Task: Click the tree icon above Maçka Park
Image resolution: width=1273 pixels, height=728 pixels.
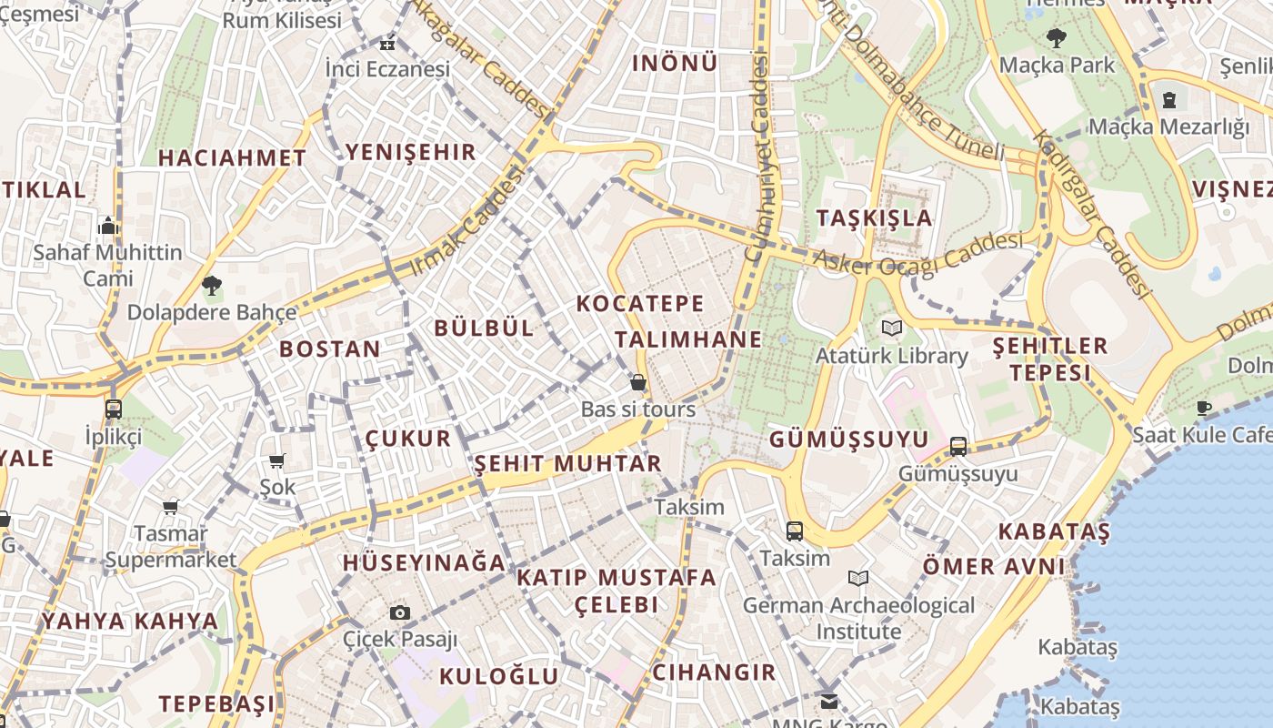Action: tap(1056, 38)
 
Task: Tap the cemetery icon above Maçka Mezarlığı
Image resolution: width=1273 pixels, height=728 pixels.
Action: tap(1169, 99)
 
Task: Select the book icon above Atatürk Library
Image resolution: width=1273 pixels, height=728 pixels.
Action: tap(890, 328)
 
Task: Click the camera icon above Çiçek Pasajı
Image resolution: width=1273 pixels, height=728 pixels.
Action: tap(400, 612)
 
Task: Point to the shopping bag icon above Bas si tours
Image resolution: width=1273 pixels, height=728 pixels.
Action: tap(638, 382)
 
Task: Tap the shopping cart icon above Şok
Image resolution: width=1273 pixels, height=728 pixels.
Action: tap(277, 460)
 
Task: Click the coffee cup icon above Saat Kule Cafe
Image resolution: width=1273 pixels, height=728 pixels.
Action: tap(1205, 408)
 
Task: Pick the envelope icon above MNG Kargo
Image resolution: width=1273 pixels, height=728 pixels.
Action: tap(828, 701)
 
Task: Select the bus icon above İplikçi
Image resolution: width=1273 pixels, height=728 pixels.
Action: tap(114, 409)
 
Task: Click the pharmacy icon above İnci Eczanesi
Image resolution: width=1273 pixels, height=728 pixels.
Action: tap(388, 43)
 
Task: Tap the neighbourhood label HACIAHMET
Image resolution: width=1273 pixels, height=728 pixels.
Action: tap(232, 157)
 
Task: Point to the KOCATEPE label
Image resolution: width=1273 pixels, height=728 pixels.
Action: tap(640, 303)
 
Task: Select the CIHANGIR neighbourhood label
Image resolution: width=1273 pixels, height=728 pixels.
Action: tap(714, 672)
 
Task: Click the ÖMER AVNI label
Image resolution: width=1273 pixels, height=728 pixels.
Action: tap(993, 566)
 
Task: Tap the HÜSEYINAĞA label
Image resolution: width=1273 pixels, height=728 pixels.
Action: tap(424, 562)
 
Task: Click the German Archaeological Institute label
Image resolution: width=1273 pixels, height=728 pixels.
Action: tap(858, 618)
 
